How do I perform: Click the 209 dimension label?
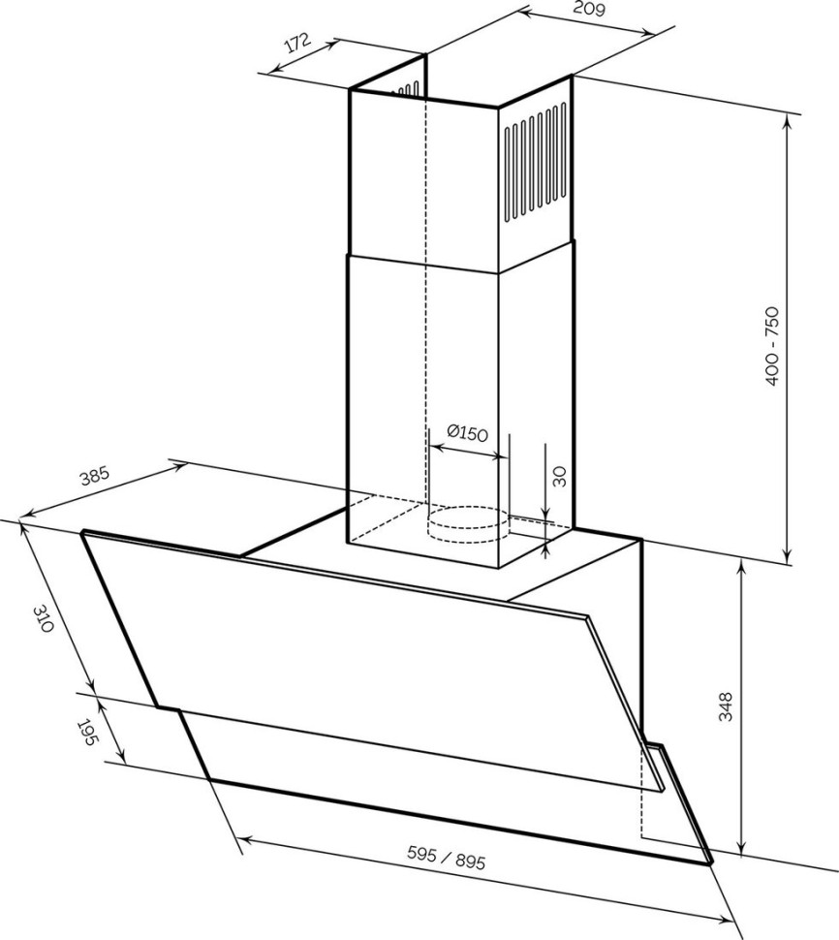point(589,11)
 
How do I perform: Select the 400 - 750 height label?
point(772,346)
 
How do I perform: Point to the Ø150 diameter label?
point(467,433)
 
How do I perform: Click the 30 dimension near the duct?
point(559,475)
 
